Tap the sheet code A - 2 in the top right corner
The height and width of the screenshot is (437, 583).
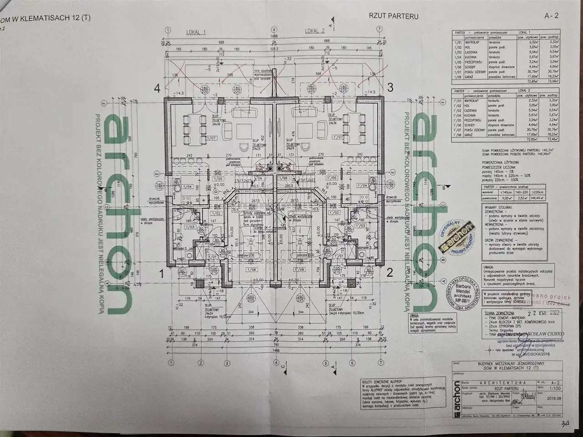[x=551, y=15]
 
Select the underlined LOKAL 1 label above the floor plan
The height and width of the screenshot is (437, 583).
[x=196, y=31]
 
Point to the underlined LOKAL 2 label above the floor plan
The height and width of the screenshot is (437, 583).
[x=315, y=31]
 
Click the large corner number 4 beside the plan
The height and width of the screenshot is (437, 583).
[x=158, y=89]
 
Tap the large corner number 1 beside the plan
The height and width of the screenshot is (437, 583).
[x=161, y=274]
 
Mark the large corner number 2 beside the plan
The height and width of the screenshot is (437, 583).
[x=390, y=273]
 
